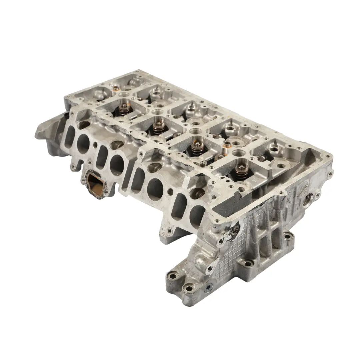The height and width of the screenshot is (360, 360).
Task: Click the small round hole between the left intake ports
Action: point(95,145)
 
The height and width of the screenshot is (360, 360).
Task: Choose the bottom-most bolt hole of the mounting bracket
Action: point(189,288)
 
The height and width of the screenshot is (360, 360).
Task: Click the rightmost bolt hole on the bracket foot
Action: point(288,237)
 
